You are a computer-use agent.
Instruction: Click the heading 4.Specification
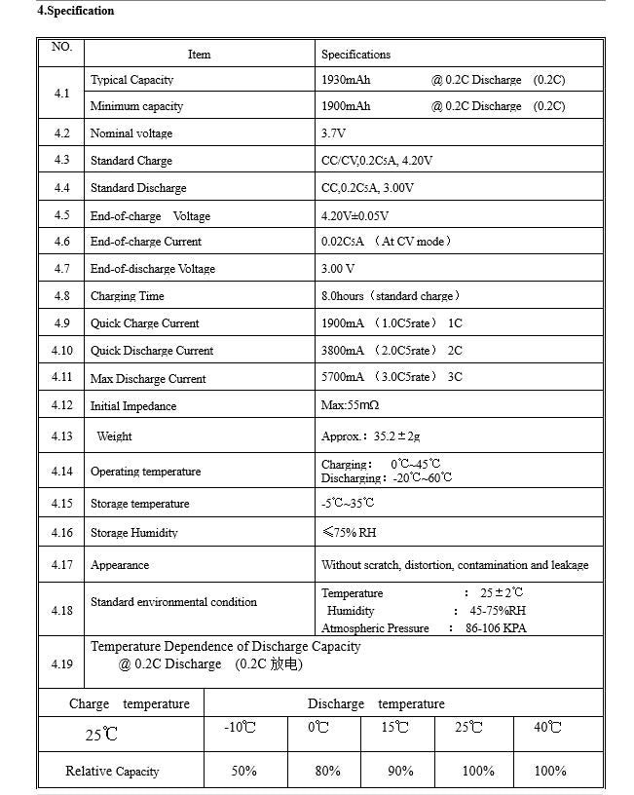tap(76, 12)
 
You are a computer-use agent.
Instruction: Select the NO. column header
tap(61, 47)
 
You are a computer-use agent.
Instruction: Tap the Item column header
tap(199, 55)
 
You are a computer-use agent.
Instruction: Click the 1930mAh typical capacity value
tap(346, 80)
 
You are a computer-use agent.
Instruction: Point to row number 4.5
tap(61, 215)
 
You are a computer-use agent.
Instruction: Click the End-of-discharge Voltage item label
tap(153, 269)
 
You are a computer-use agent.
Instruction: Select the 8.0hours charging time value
tap(343, 296)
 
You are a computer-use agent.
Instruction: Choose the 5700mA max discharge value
tap(343, 377)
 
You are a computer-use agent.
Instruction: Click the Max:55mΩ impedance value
tap(350, 405)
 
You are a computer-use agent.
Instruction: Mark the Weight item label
tap(114, 436)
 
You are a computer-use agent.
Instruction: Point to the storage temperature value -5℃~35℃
tap(348, 504)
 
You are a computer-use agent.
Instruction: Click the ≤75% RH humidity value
tap(349, 533)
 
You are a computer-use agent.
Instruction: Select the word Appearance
tap(120, 565)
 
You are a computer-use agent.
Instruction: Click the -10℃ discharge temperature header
tap(240, 728)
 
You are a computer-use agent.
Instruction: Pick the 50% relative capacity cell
tap(243, 771)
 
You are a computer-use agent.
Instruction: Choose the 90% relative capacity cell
tap(400, 771)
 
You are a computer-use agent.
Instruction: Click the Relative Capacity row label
tap(112, 772)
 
